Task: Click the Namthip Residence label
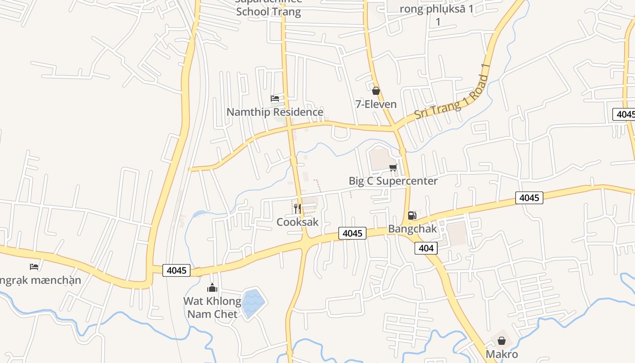tap(275, 112)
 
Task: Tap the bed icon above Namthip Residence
tap(274, 98)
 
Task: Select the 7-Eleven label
tap(376, 104)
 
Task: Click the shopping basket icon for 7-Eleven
tap(376, 91)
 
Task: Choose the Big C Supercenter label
tap(393, 181)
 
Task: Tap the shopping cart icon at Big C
tap(393, 168)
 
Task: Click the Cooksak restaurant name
tap(298, 222)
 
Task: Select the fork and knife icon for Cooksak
tap(298, 209)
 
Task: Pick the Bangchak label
tap(412, 229)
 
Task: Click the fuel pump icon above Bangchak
tap(412, 216)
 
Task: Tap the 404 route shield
tap(426, 248)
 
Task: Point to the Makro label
tap(502, 354)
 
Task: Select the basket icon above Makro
tap(502, 341)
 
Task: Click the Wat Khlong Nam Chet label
tap(212, 308)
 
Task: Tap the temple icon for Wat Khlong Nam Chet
tap(212, 288)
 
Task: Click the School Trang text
tap(269, 12)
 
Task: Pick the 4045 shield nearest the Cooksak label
tap(352, 234)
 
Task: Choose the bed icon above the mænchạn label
tap(34, 266)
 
